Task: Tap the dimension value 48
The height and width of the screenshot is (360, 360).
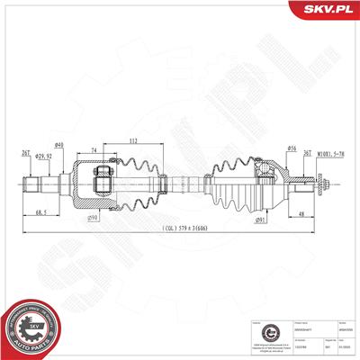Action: tap(300, 212)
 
